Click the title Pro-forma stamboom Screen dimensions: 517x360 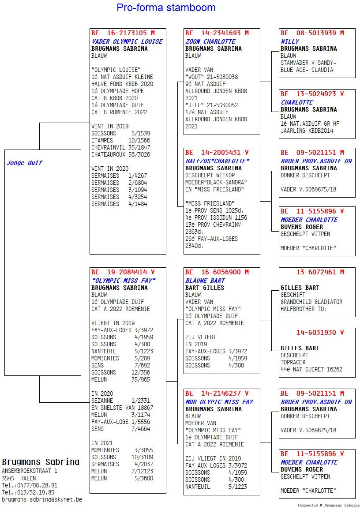coord(166,7)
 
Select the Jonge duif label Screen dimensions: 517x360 coord(24,163)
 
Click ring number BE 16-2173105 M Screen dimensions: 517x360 coord(123,33)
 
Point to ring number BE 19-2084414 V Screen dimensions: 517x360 coord(123,272)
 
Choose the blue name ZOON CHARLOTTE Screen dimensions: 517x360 coord(210,41)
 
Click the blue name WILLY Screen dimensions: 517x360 coord(290,41)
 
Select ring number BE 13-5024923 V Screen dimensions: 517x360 coord(312,94)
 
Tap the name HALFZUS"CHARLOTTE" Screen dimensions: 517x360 coord(217,161)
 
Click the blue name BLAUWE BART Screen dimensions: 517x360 coord(205,281)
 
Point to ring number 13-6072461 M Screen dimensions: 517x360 coord(320,272)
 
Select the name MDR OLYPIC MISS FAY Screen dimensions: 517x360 coord(219,402)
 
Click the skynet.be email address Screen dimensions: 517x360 coord(42,500)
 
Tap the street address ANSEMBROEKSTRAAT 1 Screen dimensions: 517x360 coord(30,471)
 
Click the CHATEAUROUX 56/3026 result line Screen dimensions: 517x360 coord(120,154)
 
